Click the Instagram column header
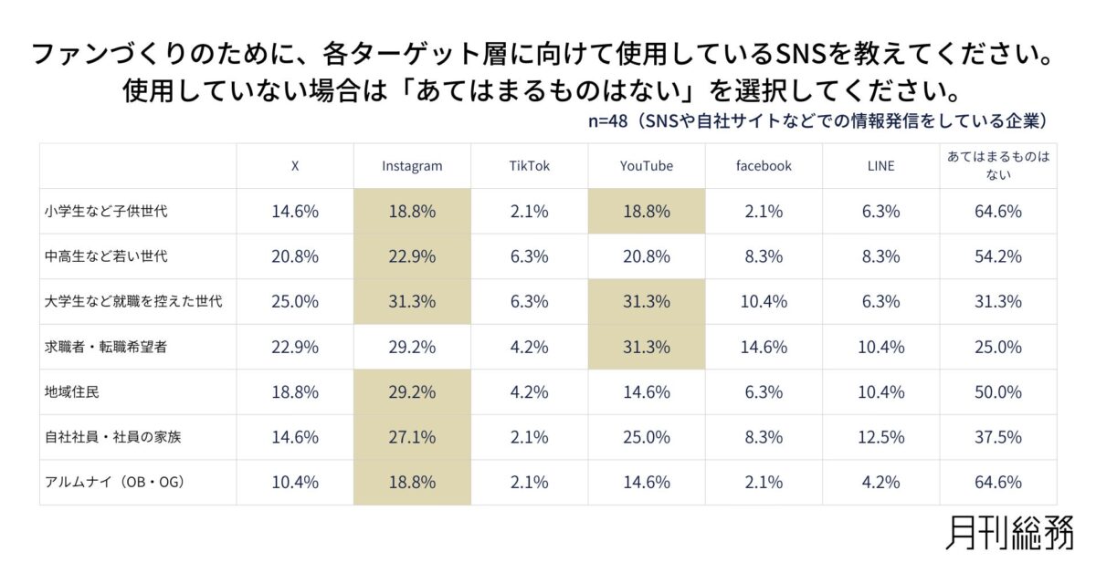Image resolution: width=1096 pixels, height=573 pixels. [x=412, y=166]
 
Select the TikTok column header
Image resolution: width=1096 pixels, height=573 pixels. [x=530, y=166]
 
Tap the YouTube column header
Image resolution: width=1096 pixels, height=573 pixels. [x=647, y=166]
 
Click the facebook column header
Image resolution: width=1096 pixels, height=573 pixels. [x=764, y=166]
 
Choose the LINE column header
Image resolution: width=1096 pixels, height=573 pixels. [x=881, y=166]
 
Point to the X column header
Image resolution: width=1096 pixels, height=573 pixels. [x=295, y=166]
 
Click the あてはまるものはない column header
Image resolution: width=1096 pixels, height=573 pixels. [x=998, y=166]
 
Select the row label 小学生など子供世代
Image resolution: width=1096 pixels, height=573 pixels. [x=106, y=212]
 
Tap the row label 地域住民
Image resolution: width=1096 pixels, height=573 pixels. [x=73, y=392]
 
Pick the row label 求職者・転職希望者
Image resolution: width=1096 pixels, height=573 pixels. [x=106, y=348]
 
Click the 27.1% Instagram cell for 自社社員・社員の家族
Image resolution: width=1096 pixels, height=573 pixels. [x=412, y=437]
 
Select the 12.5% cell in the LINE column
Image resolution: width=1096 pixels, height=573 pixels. [x=881, y=437]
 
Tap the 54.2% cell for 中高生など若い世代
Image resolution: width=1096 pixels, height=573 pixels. [x=998, y=256]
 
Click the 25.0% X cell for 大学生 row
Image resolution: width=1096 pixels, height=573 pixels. [x=295, y=302]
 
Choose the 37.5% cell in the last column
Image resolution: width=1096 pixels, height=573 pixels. [x=998, y=437]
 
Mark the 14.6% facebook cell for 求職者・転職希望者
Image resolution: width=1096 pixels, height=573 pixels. [x=764, y=348]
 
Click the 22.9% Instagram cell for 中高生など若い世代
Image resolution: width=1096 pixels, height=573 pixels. [x=412, y=256]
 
